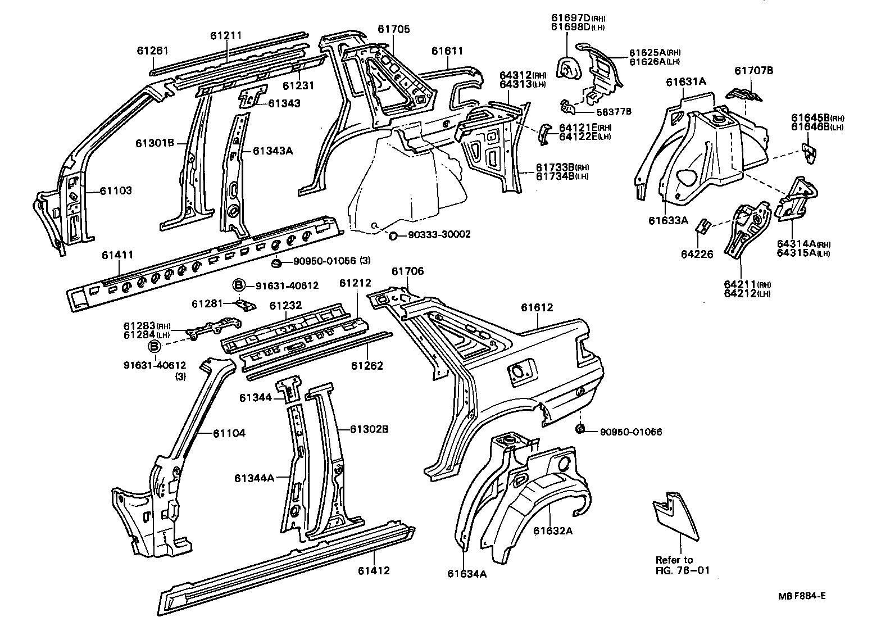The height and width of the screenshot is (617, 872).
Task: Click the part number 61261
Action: click(152, 51)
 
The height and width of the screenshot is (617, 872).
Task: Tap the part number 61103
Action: click(116, 191)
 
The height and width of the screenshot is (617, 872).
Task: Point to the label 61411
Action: click(117, 255)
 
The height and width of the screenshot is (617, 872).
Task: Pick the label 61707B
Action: click(754, 71)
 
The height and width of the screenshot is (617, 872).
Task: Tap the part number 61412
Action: click(374, 571)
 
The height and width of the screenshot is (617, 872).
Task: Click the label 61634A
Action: click(467, 574)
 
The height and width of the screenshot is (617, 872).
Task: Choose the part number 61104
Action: click(229, 433)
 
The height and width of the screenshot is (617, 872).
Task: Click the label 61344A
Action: click(254, 478)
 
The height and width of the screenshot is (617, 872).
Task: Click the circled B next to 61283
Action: click(155, 346)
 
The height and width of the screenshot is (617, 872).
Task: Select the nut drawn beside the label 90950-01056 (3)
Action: click(276, 262)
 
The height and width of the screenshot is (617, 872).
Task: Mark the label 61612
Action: click(537, 307)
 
